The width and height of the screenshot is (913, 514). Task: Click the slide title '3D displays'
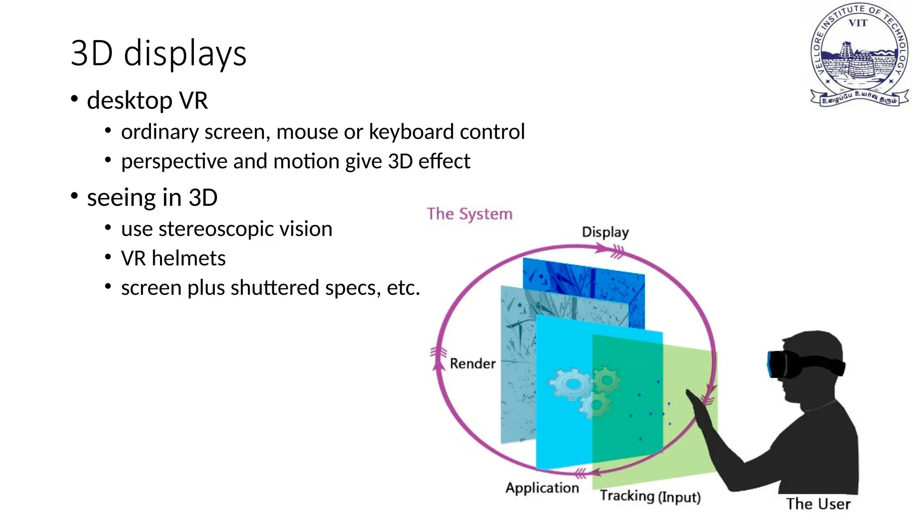click(158, 53)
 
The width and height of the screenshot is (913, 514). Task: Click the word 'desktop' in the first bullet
click(130, 100)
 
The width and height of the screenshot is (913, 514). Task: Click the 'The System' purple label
click(469, 214)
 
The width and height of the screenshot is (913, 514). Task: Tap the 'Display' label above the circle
click(605, 232)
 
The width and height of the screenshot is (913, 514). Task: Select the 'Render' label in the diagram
click(473, 364)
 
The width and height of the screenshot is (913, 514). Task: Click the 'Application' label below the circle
click(542, 488)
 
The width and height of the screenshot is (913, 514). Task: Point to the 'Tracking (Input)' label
click(650, 496)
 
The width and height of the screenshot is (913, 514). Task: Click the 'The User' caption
click(818, 504)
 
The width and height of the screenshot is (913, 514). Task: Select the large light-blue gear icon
click(570, 383)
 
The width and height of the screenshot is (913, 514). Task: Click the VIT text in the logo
click(858, 23)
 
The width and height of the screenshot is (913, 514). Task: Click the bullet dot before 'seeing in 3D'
click(74, 196)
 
